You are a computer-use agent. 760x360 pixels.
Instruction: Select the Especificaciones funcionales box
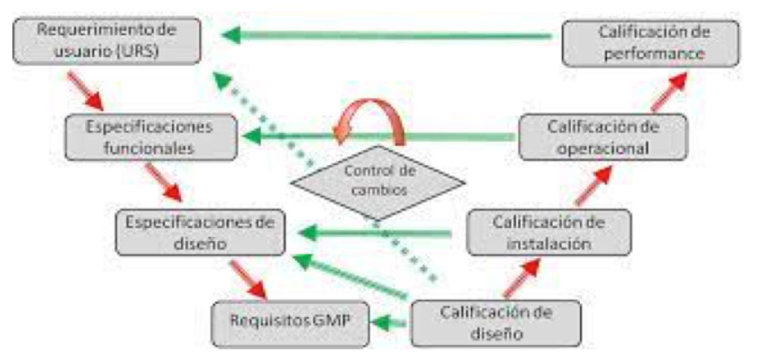pos(153,138)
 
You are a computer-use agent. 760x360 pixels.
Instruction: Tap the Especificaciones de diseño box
pos(202,232)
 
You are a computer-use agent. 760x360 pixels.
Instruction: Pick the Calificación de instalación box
pos(549,232)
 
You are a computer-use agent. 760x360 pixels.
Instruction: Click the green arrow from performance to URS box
pos(388,36)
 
